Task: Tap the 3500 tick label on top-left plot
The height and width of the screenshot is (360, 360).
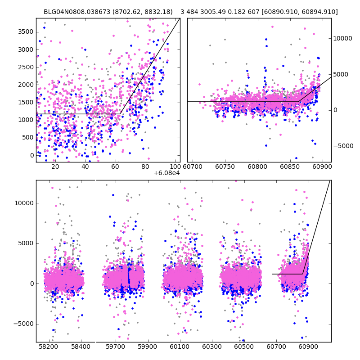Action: pyautogui.click(x=26, y=31)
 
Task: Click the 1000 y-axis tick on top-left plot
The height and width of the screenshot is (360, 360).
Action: pyautogui.click(x=26, y=120)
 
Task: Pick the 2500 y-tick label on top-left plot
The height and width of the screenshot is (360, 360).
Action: pyautogui.click(x=26, y=67)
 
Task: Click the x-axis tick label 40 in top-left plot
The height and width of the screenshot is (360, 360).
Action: pyautogui.click(x=85, y=166)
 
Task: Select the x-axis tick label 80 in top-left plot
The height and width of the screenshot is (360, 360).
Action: pyautogui.click(x=145, y=166)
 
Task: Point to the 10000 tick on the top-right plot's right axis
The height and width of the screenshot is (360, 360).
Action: pyautogui.click(x=343, y=39)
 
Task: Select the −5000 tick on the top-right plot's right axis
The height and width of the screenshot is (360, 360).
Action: pyautogui.click(x=343, y=146)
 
